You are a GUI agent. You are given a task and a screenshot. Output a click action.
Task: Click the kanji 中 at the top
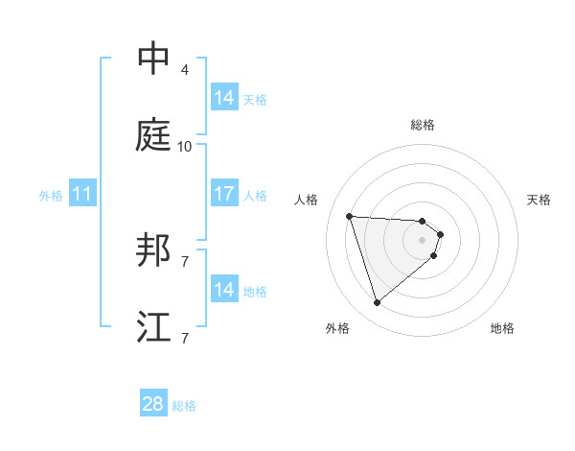click(154, 59)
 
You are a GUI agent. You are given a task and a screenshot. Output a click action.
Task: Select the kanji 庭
click(154, 135)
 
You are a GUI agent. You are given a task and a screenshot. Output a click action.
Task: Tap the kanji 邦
click(154, 250)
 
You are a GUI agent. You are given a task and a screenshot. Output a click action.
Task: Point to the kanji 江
click(154, 327)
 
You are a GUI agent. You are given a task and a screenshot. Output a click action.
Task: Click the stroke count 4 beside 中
click(185, 69)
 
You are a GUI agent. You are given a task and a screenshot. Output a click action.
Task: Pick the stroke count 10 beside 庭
click(185, 146)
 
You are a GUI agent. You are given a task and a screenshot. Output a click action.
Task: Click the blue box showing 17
click(224, 194)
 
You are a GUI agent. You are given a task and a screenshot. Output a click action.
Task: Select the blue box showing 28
click(153, 405)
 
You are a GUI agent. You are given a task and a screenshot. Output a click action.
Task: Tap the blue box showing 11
click(82, 194)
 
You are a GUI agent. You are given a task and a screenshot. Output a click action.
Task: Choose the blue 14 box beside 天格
click(224, 98)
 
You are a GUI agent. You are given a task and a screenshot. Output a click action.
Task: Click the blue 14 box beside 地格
click(224, 290)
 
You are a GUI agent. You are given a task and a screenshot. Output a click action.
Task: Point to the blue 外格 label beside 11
click(51, 195)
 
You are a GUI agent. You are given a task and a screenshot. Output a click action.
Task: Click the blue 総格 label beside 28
click(184, 406)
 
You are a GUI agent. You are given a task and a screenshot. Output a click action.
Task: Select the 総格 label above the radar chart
click(423, 125)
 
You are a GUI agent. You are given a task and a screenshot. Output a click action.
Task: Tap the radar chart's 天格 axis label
click(539, 200)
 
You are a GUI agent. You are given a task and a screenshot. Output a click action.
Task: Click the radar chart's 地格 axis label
click(502, 328)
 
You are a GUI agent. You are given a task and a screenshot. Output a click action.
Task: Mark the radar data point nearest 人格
click(350, 216)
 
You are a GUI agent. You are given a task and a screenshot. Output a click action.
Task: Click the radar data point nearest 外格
click(377, 303)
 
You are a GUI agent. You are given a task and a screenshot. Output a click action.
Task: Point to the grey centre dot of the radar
click(423, 240)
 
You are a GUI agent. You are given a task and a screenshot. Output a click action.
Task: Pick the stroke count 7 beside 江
click(185, 338)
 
